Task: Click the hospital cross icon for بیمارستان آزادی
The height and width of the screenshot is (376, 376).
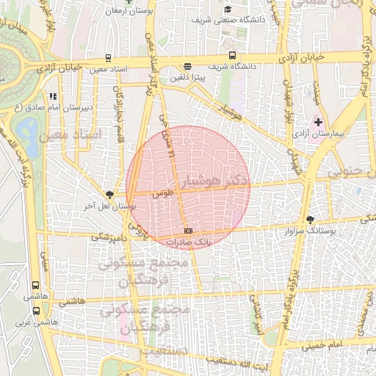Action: (x=318, y=121)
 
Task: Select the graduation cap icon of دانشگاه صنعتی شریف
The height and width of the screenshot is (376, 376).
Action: (x=228, y=10)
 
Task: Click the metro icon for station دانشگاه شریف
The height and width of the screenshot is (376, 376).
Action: (x=233, y=55)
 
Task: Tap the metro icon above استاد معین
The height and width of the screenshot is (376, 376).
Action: (x=109, y=57)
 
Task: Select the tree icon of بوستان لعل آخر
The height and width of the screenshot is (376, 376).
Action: (x=109, y=194)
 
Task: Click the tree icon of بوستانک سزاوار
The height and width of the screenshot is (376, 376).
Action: (x=309, y=219)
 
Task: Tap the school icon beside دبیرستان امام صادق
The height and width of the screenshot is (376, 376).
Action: (x=51, y=95)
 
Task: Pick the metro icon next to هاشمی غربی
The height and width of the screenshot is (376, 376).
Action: (x=35, y=311)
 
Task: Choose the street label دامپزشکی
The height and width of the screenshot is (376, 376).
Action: (x=110, y=238)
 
